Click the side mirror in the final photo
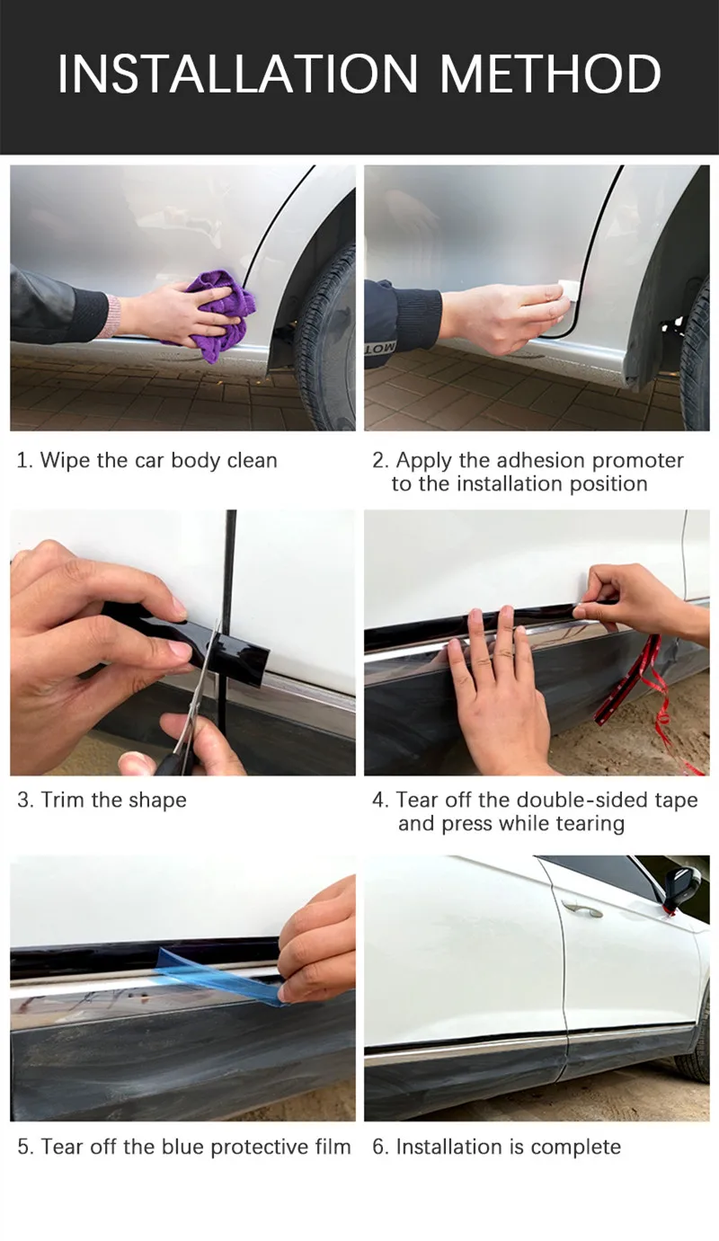pyautogui.click(x=682, y=887)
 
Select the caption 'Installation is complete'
pyautogui.click(x=508, y=1147)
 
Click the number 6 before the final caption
pyautogui.click(x=379, y=1147)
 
